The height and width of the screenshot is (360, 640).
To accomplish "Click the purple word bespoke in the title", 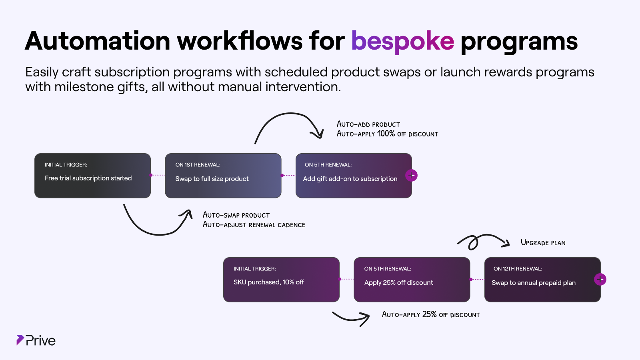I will coord(402,41).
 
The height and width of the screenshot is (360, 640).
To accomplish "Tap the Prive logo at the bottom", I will coord(36,340).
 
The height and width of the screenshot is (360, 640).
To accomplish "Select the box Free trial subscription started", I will coord(92,176).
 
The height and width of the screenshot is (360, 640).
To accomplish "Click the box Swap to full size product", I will coord(223,176).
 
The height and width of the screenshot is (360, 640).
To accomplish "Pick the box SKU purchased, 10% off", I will coord(281,280).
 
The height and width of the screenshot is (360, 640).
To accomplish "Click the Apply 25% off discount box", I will coord(412,280).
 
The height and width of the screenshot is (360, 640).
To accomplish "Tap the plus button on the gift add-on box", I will coord(411,175).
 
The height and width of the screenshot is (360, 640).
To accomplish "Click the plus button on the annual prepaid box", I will coord(600,279).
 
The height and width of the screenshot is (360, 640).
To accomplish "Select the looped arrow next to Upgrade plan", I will coord(482,241).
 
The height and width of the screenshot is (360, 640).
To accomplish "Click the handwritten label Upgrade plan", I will coord(543,243).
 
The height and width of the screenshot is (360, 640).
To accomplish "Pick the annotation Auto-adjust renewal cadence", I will coord(254,225).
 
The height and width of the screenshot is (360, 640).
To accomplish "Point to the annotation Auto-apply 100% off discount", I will coord(387,134).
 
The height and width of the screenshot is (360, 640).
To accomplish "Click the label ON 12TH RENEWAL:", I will coord(518,269).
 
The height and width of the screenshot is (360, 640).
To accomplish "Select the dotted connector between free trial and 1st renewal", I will coord(158,175).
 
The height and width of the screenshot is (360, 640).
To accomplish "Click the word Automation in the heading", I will coord(98,41).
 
